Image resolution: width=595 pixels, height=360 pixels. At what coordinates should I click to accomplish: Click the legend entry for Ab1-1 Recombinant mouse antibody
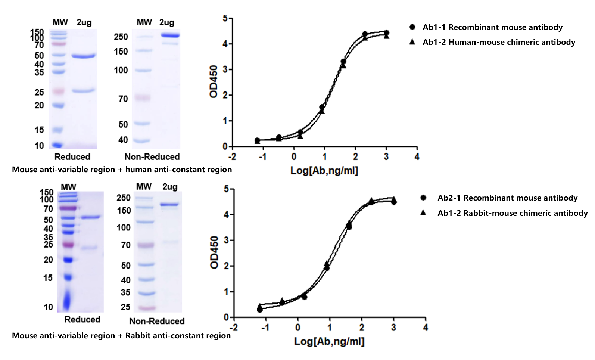492,27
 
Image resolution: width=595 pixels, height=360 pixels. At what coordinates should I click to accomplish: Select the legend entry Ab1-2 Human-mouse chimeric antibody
498,42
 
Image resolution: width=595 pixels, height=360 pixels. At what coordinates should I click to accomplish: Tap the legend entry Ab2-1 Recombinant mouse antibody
507,198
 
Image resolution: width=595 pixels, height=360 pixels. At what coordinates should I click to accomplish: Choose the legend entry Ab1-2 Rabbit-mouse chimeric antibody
512,213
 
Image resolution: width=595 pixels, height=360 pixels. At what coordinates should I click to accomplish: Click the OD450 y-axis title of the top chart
214,81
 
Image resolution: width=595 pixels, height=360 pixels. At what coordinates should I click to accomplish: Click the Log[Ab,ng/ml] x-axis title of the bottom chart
329,341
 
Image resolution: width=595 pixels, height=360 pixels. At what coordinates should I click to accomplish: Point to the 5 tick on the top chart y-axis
225,18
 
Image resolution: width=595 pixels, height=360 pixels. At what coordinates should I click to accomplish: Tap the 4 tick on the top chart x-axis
417,156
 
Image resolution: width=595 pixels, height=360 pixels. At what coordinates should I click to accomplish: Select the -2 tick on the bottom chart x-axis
233,328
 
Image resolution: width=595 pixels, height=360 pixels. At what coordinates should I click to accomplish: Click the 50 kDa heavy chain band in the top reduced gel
84,56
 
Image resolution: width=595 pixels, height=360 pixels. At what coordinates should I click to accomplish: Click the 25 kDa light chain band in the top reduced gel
84,91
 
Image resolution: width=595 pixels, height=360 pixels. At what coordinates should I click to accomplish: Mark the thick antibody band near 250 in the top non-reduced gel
170,35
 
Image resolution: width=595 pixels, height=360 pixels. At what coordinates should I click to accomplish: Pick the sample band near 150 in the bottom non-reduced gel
169,204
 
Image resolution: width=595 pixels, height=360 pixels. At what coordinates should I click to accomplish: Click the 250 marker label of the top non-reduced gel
121,37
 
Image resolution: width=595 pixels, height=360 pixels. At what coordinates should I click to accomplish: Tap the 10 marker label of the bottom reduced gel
48,307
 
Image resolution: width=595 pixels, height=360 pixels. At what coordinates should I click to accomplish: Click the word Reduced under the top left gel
72,157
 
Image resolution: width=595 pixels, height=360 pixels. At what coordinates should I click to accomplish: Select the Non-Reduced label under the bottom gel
157,321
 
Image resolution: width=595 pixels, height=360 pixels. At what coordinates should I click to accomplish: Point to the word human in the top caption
138,170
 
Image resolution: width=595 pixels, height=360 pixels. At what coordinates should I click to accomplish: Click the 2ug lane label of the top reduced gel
84,22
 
